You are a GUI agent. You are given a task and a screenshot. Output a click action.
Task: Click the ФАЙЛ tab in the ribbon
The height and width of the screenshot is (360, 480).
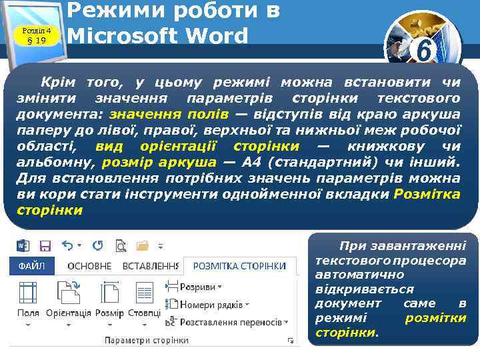coord(31,266)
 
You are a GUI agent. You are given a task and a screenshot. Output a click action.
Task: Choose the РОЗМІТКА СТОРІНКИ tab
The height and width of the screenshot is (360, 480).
coord(239,266)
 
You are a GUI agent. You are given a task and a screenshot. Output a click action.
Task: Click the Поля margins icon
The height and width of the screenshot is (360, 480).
coord(28,293)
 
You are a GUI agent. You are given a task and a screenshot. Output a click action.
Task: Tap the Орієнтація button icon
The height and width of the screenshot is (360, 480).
coord(68,293)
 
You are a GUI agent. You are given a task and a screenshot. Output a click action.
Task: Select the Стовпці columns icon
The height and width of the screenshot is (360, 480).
coord(145,293)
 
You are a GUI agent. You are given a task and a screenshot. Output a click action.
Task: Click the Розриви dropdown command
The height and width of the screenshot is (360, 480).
coord(198,287)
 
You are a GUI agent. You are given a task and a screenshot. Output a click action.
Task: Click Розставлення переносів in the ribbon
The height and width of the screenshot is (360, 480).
coord(230,321)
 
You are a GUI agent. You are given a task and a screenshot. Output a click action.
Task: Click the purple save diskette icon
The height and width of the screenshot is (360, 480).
coord(46,246)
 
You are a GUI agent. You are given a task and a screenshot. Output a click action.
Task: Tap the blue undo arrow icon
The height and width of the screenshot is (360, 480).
coord(68,246)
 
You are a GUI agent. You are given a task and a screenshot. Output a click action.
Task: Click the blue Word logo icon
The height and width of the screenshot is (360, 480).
coord(21,246)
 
